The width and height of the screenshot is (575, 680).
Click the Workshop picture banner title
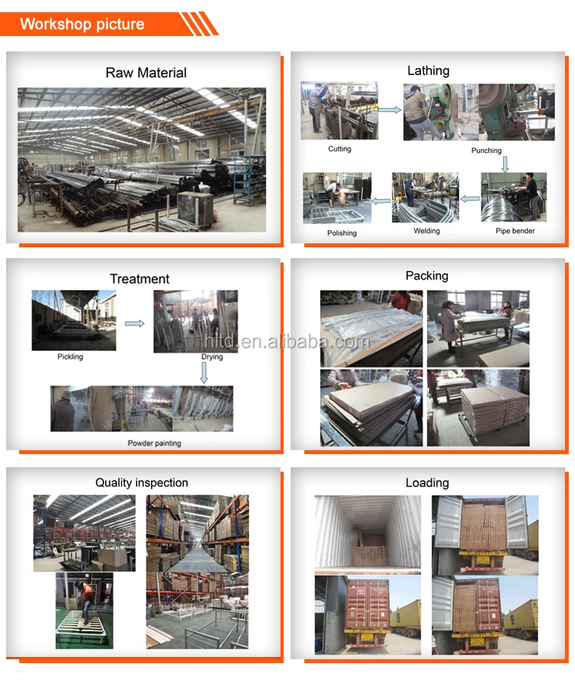click(x=82, y=24)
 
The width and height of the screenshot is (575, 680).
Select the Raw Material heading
click(x=146, y=73)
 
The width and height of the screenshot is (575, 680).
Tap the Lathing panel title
click(x=428, y=70)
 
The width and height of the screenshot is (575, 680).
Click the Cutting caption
click(x=340, y=149)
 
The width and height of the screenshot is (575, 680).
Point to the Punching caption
click(x=486, y=151)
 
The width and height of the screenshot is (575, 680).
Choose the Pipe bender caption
click(x=515, y=230)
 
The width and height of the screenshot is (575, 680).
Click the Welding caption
click(x=427, y=230)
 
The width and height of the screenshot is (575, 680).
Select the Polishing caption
click(x=342, y=233)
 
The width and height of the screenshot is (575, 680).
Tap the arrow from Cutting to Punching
click(x=389, y=110)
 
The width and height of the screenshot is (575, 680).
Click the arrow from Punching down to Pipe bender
click(x=504, y=163)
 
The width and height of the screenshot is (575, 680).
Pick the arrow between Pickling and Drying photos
click(x=134, y=324)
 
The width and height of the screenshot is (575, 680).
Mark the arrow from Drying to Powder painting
click(x=204, y=373)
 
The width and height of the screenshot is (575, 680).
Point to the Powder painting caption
click(x=154, y=443)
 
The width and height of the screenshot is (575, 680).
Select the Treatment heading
click(x=140, y=279)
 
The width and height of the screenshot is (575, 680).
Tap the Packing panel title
click(x=427, y=276)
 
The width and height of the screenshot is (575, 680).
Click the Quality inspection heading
click(x=141, y=482)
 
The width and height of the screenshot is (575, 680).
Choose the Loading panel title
click(x=427, y=482)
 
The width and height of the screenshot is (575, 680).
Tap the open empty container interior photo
click(x=368, y=534)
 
